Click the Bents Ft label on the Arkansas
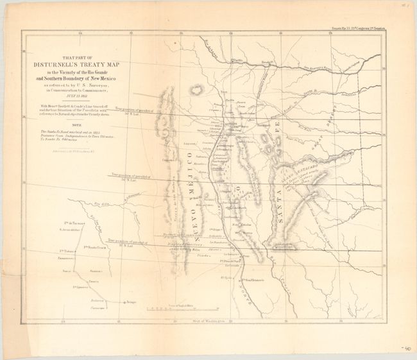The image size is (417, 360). pos(269,63)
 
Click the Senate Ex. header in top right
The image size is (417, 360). pos(367,28)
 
